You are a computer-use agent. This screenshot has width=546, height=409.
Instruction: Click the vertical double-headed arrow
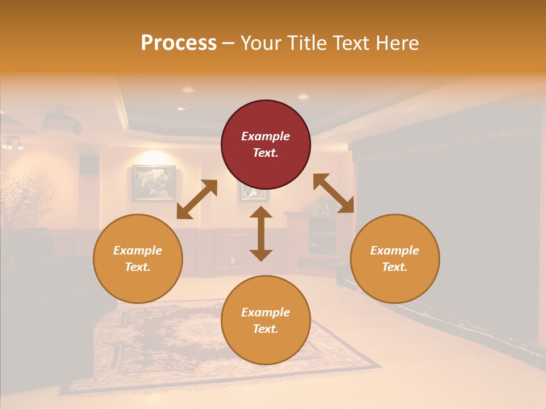coord(261,233)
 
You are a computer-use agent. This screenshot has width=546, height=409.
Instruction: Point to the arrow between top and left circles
coord(197,199)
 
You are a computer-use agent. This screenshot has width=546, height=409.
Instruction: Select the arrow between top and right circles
coord(334,194)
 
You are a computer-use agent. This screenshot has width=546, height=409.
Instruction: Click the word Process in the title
coord(179,43)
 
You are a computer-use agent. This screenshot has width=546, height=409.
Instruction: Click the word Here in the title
coord(398,43)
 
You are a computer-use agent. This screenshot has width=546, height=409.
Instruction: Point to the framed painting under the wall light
coord(154,183)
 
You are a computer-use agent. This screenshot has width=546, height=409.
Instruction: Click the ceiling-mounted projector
coord(61,121)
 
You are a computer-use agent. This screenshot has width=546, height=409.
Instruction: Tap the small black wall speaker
coord(88,164)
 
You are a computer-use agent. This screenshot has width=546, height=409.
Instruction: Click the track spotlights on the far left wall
coord(13,144)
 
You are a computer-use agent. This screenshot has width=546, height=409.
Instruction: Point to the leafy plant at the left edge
coord(26,199)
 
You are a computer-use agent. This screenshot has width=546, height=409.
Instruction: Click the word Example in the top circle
coord(266,136)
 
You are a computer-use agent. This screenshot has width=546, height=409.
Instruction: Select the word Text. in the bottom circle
coord(266,329)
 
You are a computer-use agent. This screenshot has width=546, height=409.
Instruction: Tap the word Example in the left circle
coord(138,251)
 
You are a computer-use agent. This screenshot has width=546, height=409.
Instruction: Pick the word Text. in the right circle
coord(395,267)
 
